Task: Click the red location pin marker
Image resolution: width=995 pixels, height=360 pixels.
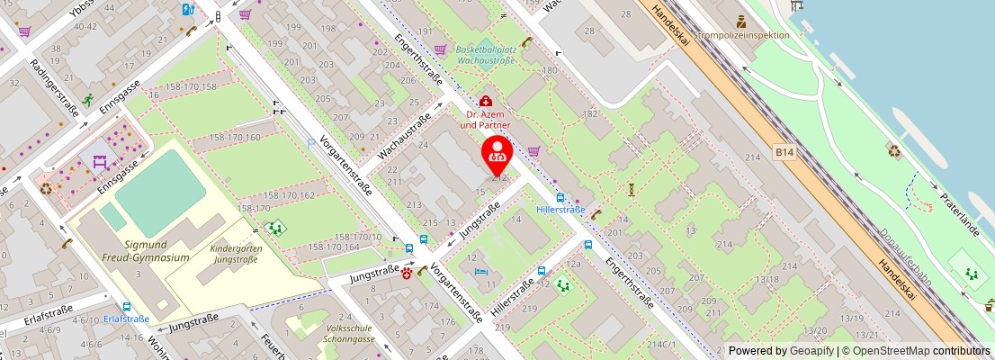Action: pyautogui.click(x=497, y=155)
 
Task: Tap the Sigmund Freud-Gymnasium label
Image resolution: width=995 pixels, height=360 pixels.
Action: pyautogui.click(x=157, y=250)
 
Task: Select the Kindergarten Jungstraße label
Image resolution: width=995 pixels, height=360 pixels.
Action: pyautogui.click(x=234, y=253)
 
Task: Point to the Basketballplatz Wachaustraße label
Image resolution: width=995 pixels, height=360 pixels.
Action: pyautogui.click(x=487, y=56)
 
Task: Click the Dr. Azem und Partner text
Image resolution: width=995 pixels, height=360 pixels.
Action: pyautogui.click(x=486, y=120)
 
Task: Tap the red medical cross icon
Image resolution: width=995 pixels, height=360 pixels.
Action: pyautogui.click(x=486, y=102)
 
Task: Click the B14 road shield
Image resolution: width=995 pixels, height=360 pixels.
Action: pyautogui.click(x=784, y=154)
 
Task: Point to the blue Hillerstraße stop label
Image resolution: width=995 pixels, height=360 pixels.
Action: pyautogui.click(x=560, y=210)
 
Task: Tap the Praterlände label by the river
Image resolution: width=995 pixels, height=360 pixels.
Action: pyautogui.click(x=960, y=213)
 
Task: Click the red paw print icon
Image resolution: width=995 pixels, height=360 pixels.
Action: pyautogui.click(x=407, y=273)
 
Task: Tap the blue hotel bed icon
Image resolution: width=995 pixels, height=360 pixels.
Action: pyautogui.click(x=482, y=272)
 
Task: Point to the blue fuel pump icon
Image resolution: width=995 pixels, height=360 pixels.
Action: pyautogui.click(x=187, y=10)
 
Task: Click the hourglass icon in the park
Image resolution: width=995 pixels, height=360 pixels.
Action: pyautogui.click(x=632, y=189)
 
